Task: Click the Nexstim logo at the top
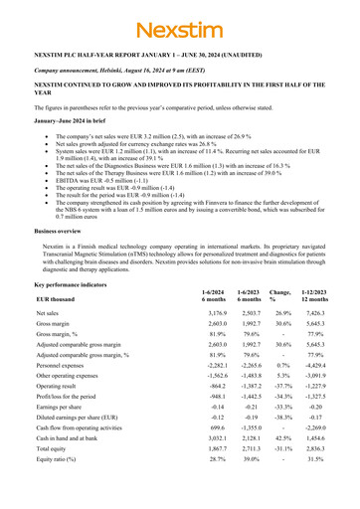click(180, 28)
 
